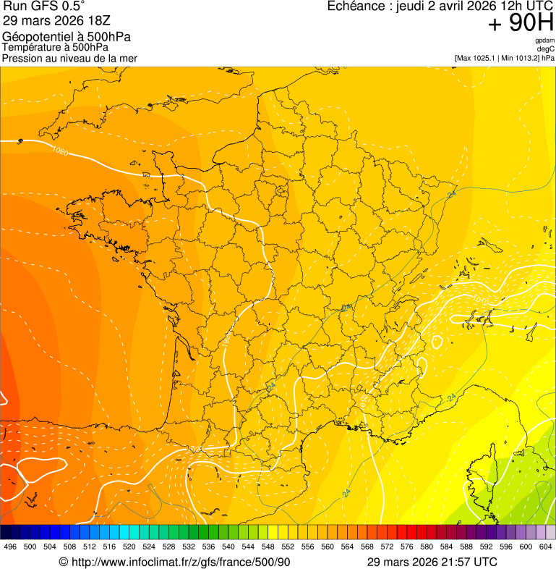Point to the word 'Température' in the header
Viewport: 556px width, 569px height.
click(x=31, y=48)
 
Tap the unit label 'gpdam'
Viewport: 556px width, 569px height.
click(x=544, y=41)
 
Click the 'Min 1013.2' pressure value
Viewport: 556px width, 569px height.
click(x=519, y=58)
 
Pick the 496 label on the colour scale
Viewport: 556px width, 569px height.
click(x=10, y=547)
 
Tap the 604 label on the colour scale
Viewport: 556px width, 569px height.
click(x=545, y=547)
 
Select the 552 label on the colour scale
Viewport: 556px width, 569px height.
click(x=288, y=547)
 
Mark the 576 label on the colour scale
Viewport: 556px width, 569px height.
click(x=406, y=547)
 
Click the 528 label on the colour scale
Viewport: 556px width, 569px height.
click(x=169, y=547)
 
